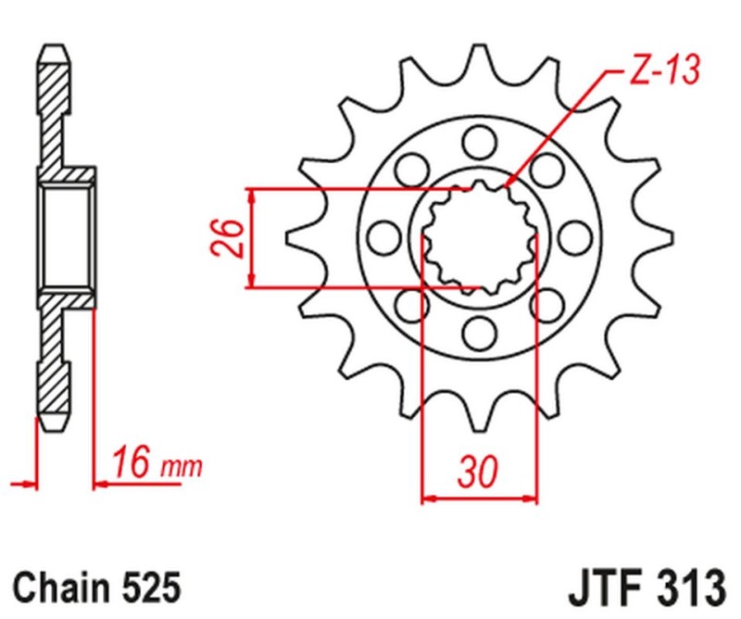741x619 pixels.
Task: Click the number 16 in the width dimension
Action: coord(130,463)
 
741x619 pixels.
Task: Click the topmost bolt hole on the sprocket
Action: coord(479,142)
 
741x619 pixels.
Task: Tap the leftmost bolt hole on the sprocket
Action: coord(380,236)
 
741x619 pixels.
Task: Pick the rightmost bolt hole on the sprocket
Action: coord(576,236)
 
